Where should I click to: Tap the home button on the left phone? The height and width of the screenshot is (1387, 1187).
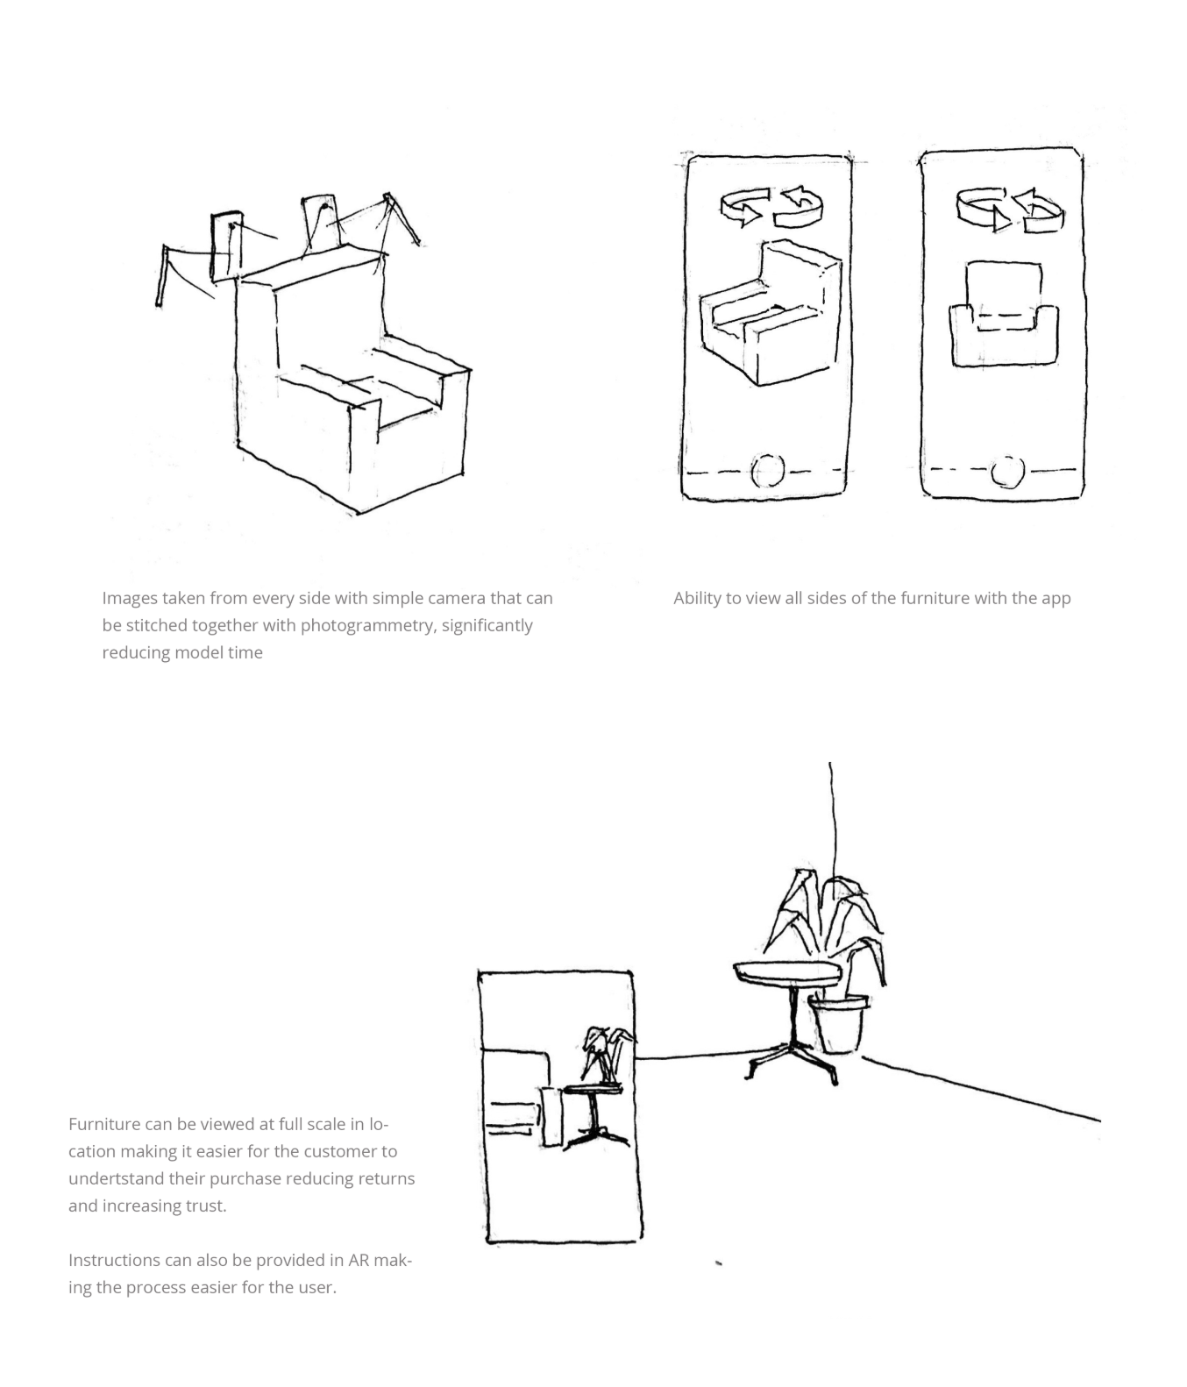click(x=767, y=471)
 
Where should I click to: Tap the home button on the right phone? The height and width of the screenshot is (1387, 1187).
click(x=1007, y=472)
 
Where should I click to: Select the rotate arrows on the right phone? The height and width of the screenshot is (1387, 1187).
click(x=1010, y=210)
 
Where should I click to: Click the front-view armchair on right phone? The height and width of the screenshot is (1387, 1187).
click(x=1004, y=316)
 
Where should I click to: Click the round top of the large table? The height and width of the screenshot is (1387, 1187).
click(x=786, y=972)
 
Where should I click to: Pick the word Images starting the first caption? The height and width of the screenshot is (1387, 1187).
click(x=129, y=599)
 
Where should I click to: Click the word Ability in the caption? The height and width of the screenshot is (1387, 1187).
click(x=696, y=599)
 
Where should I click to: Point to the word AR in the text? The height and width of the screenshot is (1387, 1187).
click(x=359, y=1261)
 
